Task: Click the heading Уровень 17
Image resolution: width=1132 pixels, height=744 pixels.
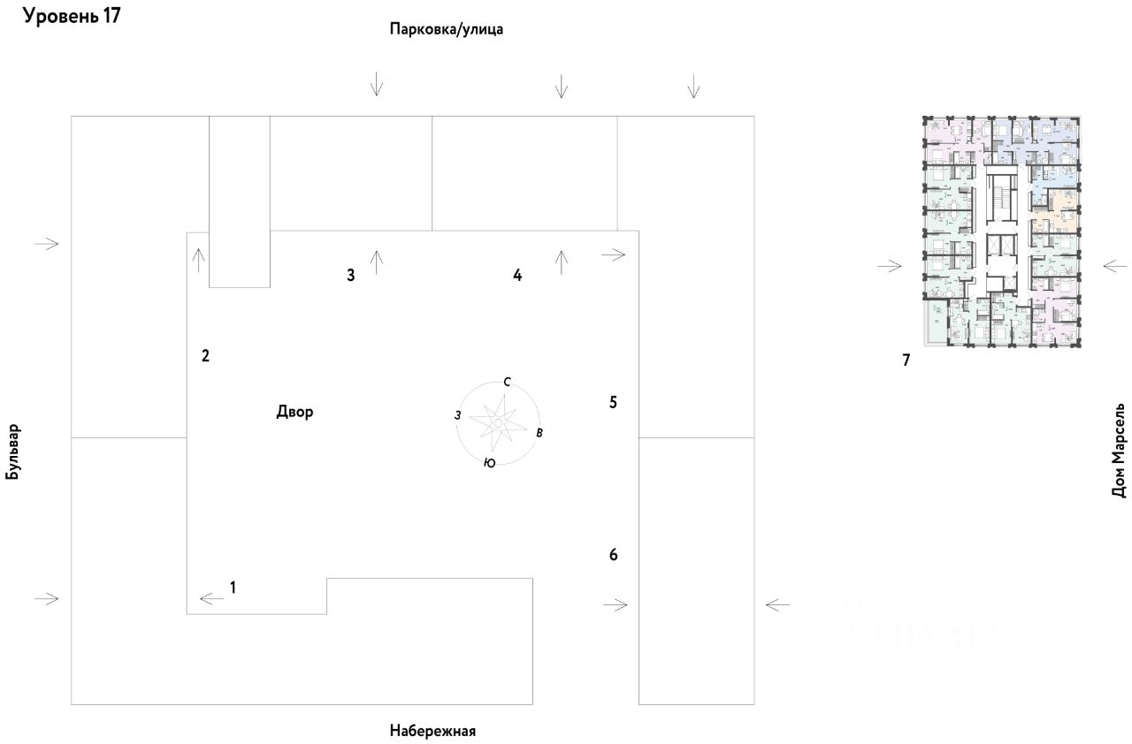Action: click(x=72, y=17)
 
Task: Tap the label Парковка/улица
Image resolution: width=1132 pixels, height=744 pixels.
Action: click(x=447, y=29)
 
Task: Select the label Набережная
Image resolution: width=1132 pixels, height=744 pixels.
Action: click(x=432, y=731)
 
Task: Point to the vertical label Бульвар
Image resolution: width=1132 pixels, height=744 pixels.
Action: click(x=12, y=452)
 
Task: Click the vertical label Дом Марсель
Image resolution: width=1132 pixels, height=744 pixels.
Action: click(x=1120, y=453)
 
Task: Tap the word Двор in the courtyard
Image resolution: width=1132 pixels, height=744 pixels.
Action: click(x=294, y=412)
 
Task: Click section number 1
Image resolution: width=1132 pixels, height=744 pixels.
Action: click(x=233, y=586)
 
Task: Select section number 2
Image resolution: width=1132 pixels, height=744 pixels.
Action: click(x=205, y=356)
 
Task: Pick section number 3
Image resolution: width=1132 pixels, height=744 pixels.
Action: click(x=350, y=275)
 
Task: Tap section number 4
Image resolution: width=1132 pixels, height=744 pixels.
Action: click(x=517, y=275)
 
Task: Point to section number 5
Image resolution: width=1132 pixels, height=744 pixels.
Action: click(x=613, y=402)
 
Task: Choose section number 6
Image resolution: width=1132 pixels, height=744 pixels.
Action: click(x=613, y=555)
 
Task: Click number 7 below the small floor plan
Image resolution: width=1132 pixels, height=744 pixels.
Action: click(x=906, y=360)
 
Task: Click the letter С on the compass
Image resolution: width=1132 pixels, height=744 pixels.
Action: click(x=507, y=383)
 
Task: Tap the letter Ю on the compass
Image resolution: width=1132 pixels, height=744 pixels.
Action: click(x=489, y=463)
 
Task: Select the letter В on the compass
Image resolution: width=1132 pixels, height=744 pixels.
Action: click(x=539, y=433)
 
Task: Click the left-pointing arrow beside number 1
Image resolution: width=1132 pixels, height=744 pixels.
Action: click(x=212, y=599)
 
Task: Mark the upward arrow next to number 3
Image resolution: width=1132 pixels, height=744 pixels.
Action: click(x=377, y=262)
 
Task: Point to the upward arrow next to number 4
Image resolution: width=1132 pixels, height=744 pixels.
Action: click(x=561, y=262)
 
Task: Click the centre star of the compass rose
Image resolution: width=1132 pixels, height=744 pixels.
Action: click(x=498, y=423)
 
